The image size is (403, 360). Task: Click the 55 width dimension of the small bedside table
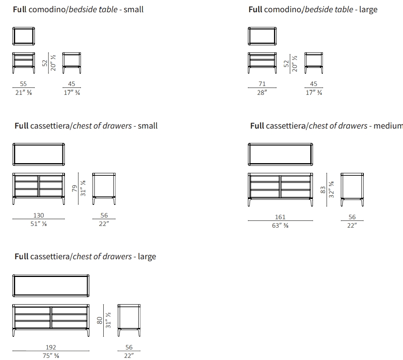click(x=24, y=84)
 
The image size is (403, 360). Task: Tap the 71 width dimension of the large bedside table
click(x=262, y=84)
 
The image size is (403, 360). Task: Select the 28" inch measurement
click(x=262, y=93)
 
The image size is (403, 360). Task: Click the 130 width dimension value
click(x=38, y=215)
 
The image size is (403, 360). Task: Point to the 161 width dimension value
click(x=280, y=217)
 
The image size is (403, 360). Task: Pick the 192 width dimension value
click(x=51, y=347)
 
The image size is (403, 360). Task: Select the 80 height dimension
click(x=100, y=320)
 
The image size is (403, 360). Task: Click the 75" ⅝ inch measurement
click(x=51, y=356)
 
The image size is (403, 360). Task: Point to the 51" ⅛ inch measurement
click(x=38, y=224)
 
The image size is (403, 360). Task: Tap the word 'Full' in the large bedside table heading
click(x=255, y=9)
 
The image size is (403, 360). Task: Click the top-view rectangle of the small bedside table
click(x=24, y=36)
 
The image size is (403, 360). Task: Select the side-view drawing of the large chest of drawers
click(x=129, y=320)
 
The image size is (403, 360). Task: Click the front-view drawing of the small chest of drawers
click(x=39, y=188)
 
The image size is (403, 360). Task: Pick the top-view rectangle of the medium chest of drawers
click(x=280, y=154)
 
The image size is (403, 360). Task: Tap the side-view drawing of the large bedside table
click(x=314, y=61)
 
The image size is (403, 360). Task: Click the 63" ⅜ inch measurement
click(x=280, y=226)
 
